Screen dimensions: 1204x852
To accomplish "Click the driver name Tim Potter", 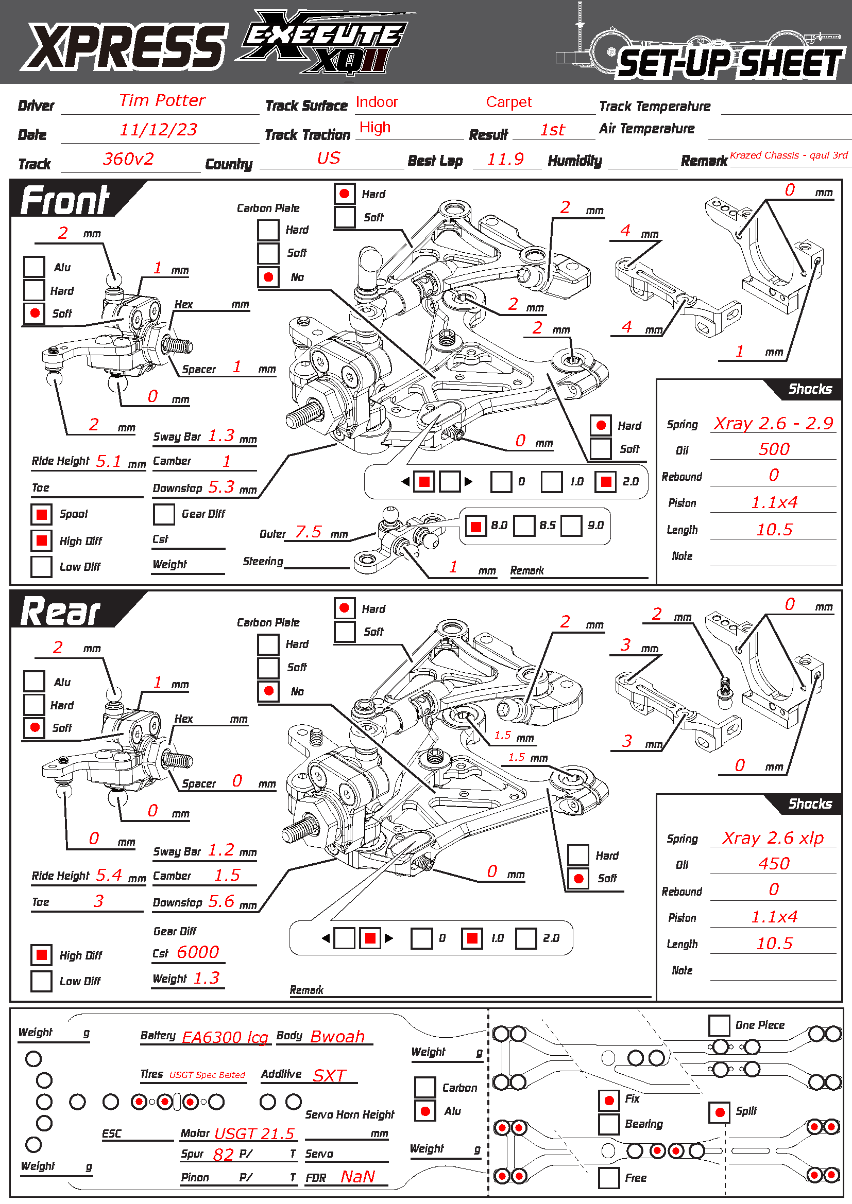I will point(162,100).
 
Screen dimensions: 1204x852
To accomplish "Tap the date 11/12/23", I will point(159,130).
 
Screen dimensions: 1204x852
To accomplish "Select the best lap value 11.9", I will point(505,159).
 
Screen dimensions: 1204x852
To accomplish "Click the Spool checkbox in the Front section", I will point(41,514).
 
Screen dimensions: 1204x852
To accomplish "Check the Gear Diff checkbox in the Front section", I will point(164,514).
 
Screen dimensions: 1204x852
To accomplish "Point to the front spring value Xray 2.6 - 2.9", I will point(773,423).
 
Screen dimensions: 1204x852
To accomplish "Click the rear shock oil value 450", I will point(773,864).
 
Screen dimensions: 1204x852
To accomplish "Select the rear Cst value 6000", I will point(198,952).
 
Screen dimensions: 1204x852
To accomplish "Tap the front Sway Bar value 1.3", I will point(221,436).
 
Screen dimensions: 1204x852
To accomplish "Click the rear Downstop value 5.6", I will point(221,901).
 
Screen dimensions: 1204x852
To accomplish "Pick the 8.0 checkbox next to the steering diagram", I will point(476,526).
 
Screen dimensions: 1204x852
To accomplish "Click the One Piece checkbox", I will point(719,1025).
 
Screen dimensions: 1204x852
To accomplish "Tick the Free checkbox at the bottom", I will point(608,1178).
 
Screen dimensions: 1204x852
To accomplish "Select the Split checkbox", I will point(719,1112).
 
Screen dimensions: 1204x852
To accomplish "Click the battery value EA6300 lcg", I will point(225,1037).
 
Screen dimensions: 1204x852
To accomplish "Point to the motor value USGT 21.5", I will point(254,1133).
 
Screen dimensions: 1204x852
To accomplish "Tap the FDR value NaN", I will point(358,1177).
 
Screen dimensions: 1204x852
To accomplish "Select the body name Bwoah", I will point(337,1036).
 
